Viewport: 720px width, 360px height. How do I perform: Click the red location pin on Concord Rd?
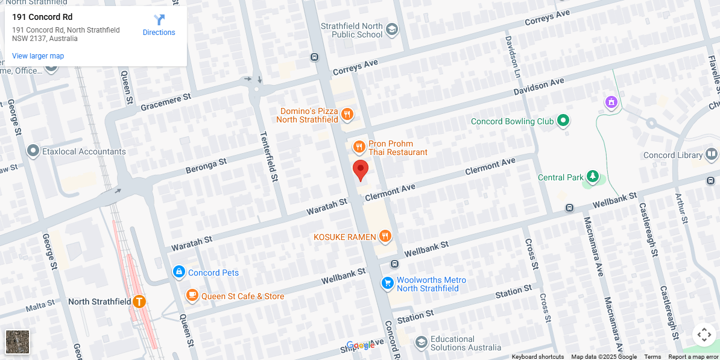click(x=360, y=170)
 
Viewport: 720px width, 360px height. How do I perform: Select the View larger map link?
click(x=38, y=56)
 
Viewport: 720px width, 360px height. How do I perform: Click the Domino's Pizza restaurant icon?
click(x=347, y=114)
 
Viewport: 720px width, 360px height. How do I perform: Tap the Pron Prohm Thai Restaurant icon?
click(x=359, y=147)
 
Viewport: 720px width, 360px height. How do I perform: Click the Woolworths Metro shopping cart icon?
click(x=387, y=282)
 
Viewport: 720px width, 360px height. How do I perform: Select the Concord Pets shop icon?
click(x=178, y=272)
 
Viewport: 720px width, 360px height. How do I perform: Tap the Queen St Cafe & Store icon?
click(x=192, y=295)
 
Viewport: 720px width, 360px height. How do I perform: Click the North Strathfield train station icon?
click(x=139, y=301)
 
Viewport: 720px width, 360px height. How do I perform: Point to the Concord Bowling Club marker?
click(x=563, y=121)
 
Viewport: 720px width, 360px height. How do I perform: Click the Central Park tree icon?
click(x=593, y=177)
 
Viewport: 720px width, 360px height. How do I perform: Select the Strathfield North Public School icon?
click(x=392, y=30)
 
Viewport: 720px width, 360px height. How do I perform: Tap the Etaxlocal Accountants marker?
click(x=33, y=151)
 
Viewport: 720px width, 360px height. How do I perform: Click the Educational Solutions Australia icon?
click(x=421, y=343)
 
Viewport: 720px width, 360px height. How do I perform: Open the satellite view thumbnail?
click(x=17, y=342)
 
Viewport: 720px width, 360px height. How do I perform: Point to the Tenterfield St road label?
click(x=269, y=157)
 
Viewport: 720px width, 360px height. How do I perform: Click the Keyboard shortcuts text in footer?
click(x=538, y=356)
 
